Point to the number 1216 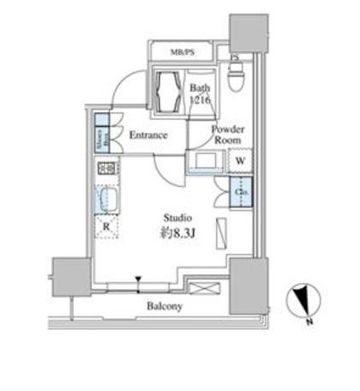pos(201,100)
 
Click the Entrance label pos(147,135)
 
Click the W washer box pos(241,160)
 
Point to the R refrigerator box pos(105,227)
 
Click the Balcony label pos(163,305)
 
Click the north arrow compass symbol pos(303,301)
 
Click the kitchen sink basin pos(107,201)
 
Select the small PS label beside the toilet pos(236,57)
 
